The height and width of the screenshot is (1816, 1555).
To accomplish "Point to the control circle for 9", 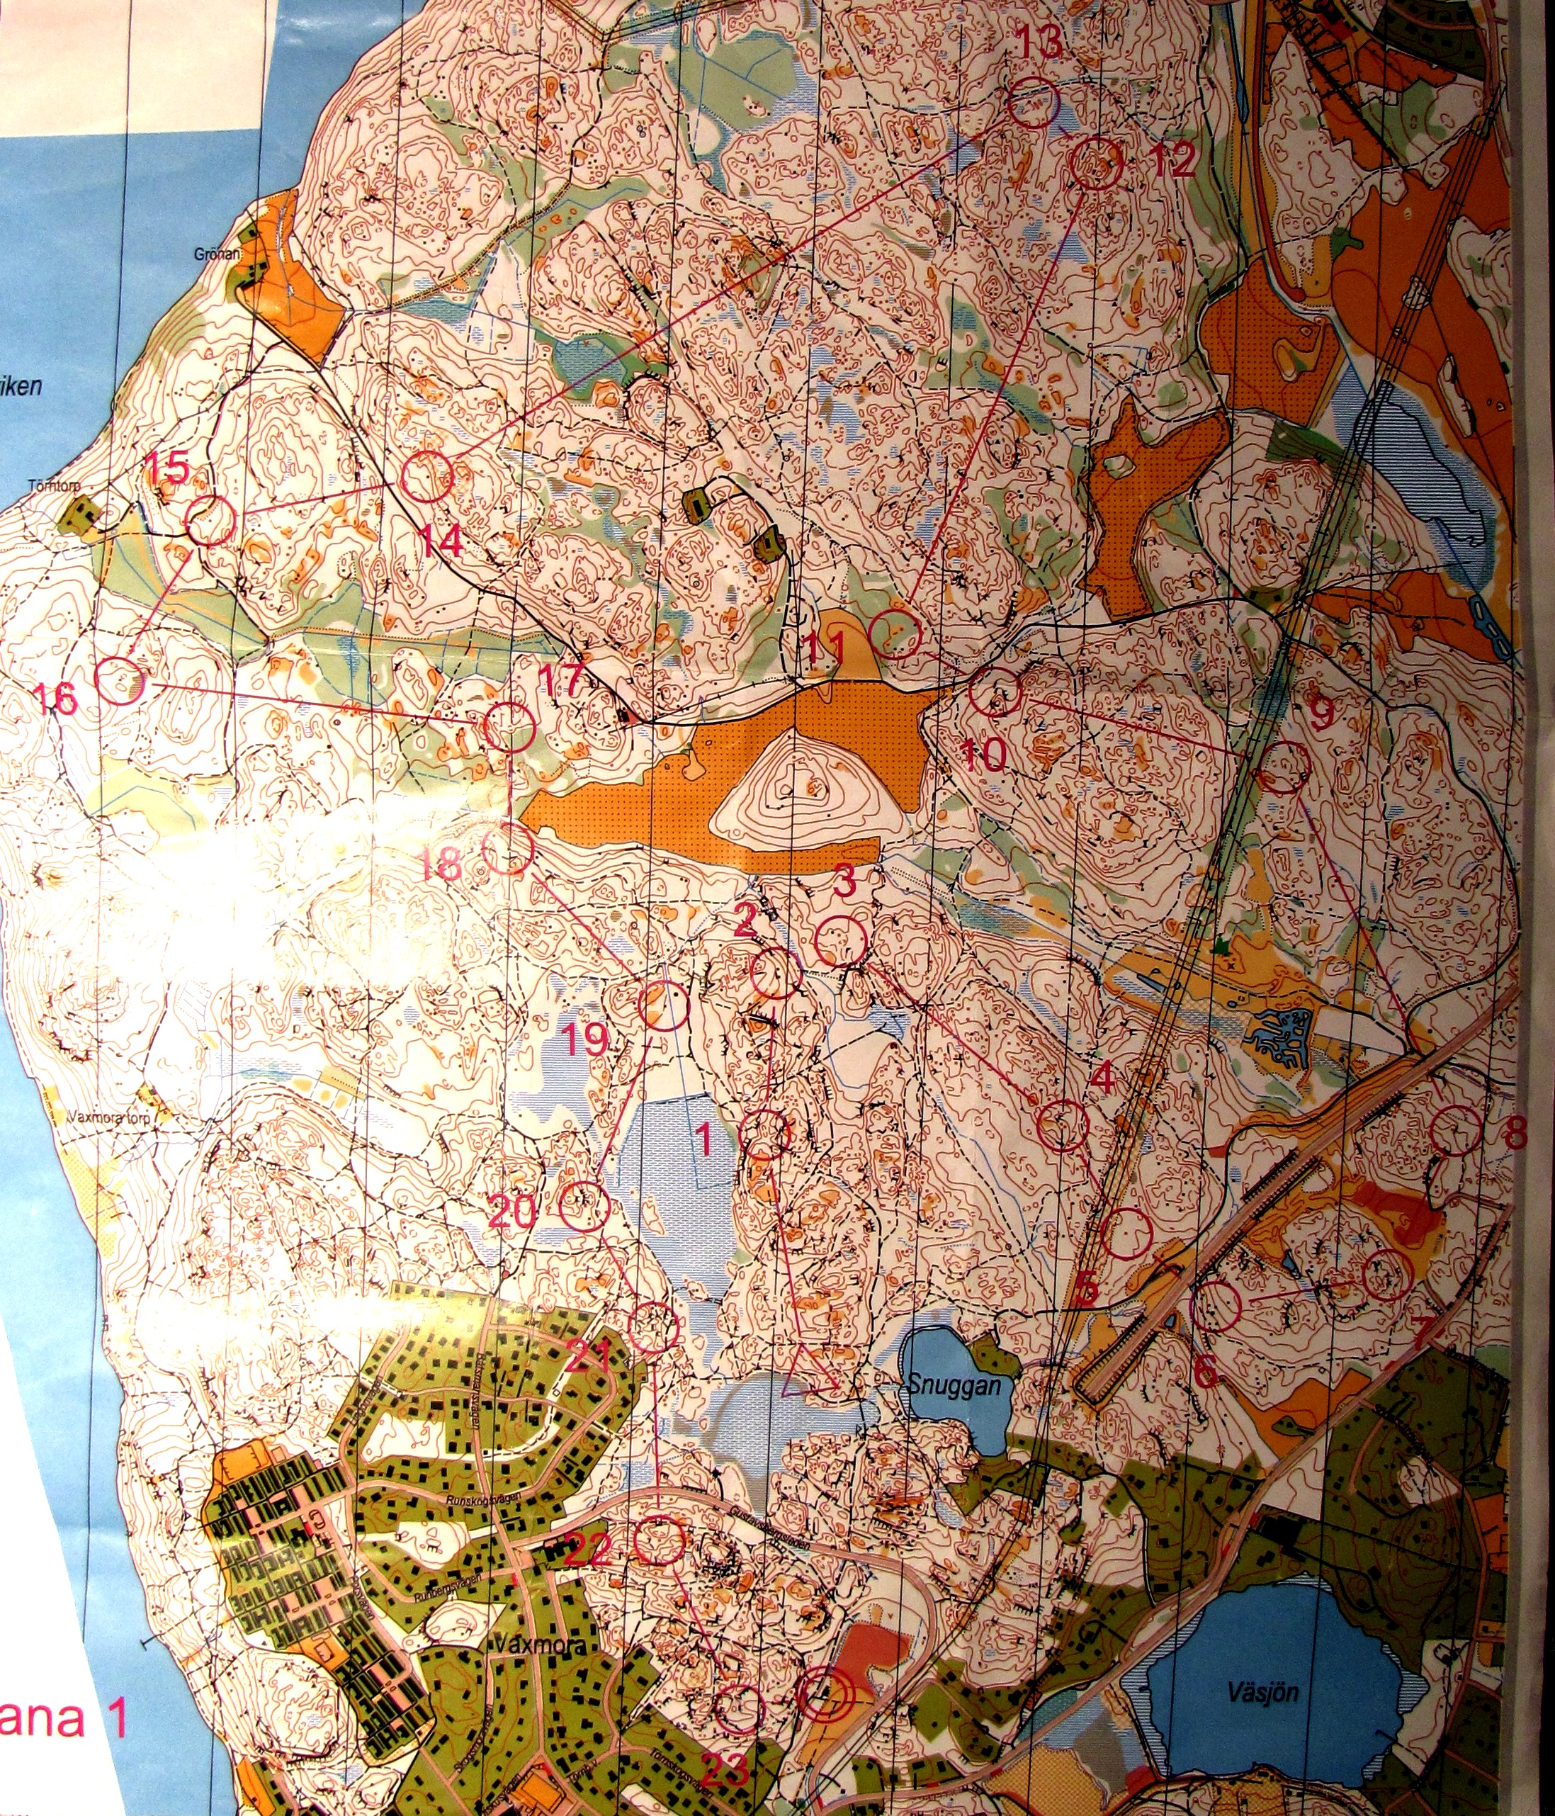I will click(1282, 768).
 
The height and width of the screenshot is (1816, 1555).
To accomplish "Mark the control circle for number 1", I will click(765, 1135).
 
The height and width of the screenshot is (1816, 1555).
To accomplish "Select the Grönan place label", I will click(218, 254).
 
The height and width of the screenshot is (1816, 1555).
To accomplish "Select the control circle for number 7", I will click(1388, 1275).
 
